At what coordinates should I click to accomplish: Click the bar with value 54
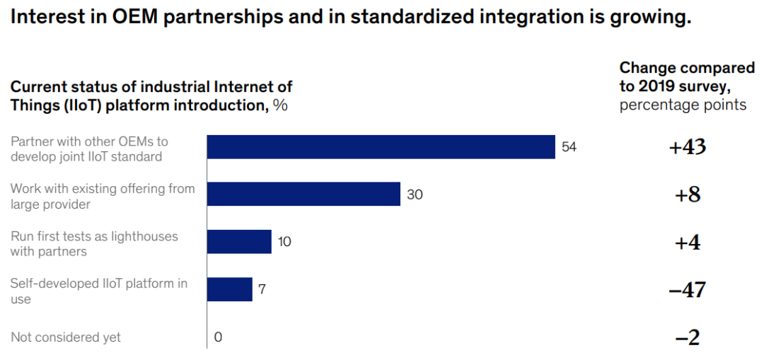click(x=381, y=147)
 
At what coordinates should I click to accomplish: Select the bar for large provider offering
click(x=303, y=194)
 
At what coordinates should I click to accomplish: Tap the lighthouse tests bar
click(x=239, y=241)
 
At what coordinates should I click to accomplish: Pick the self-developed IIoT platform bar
click(x=229, y=289)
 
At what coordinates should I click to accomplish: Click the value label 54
click(x=569, y=147)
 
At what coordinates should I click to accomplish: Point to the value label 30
click(x=415, y=194)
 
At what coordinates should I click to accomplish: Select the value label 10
click(x=284, y=241)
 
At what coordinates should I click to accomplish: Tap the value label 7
click(x=262, y=289)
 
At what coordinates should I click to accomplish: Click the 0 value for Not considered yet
click(x=218, y=337)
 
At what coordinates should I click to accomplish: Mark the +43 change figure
click(x=687, y=147)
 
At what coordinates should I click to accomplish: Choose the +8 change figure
click(x=687, y=194)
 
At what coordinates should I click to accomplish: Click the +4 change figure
click(x=687, y=242)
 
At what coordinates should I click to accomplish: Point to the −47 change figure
click(x=687, y=290)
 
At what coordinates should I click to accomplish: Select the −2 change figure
click(x=687, y=338)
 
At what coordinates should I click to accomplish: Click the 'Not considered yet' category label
click(x=66, y=337)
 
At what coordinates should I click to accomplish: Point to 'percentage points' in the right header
click(x=683, y=105)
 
